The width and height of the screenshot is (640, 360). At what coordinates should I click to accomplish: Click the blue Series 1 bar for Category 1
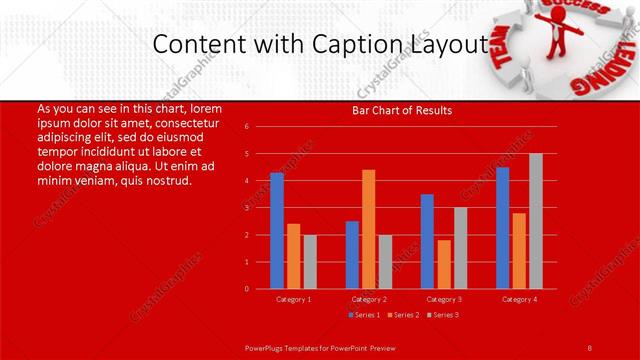277,231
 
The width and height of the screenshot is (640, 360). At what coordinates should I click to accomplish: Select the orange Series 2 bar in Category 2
368,229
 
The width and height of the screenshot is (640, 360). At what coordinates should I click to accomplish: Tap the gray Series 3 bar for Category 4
536,221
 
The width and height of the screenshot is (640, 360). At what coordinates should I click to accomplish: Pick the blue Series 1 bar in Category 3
427,241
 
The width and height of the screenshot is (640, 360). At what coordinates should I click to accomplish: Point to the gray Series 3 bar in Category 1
310,262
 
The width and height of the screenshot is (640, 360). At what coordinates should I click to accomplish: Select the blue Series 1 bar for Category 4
502,228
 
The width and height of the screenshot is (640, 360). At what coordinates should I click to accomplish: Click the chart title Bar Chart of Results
402,110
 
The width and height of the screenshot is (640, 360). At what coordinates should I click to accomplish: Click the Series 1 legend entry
361,315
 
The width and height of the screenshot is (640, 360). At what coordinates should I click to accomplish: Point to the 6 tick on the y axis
246,127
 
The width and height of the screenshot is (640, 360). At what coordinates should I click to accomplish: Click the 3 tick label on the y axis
246,208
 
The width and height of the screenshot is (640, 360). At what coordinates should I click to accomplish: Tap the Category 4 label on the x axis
519,299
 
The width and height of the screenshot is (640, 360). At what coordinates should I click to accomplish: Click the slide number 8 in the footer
589,347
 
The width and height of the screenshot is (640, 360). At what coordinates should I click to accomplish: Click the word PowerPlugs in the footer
267,347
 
